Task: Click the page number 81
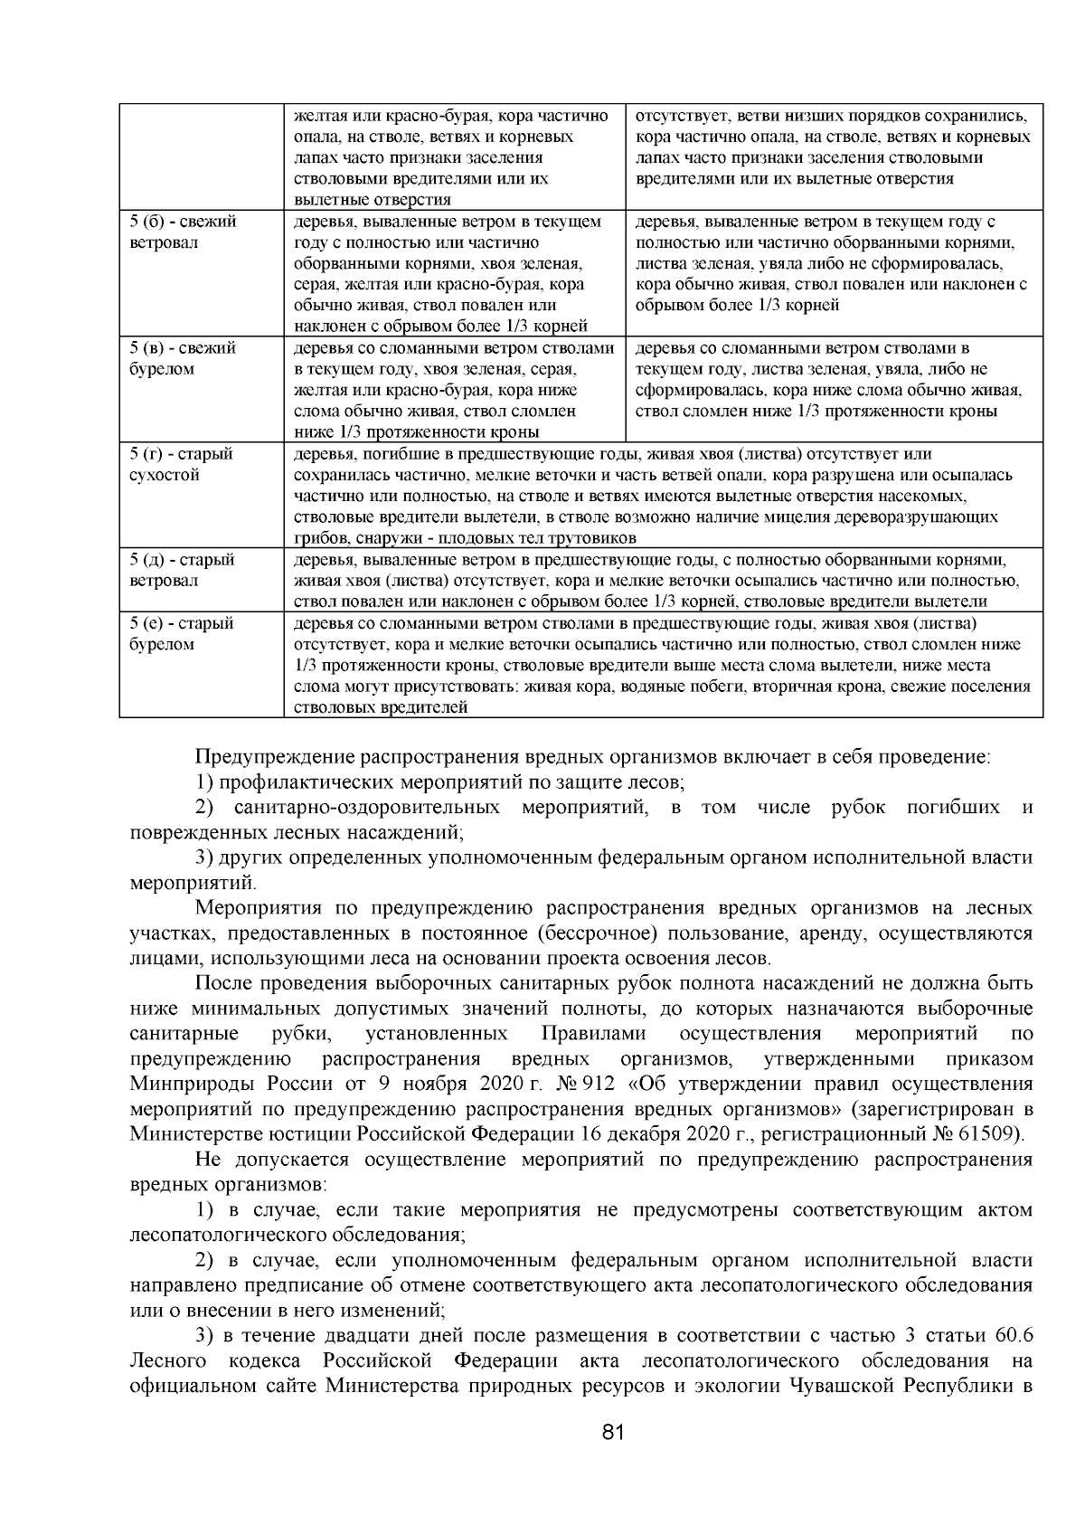(613, 1432)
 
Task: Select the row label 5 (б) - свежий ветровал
(183, 232)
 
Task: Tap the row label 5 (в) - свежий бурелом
(183, 358)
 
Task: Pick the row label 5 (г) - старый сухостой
(181, 464)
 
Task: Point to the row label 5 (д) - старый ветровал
(182, 570)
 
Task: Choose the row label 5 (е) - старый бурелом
(181, 633)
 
